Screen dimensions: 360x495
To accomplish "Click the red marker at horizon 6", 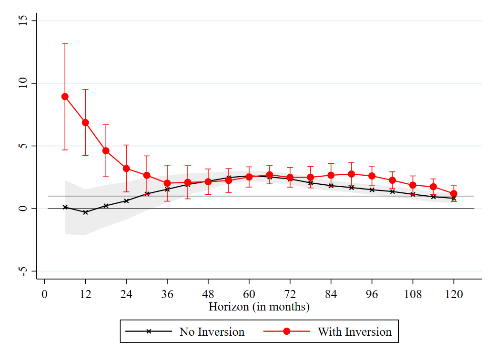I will (65, 97).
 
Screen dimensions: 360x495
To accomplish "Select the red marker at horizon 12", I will (85, 122).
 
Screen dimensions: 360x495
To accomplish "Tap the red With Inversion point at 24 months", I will (126, 168).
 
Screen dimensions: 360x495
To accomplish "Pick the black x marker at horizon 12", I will (85, 212).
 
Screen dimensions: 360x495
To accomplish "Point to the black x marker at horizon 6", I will (65, 207).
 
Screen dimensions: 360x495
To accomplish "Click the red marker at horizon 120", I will (454, 194).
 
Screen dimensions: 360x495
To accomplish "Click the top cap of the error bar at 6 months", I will (65, 43).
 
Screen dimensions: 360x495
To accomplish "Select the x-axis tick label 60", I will (249, 295).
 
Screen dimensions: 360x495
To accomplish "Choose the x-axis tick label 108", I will (413, 295).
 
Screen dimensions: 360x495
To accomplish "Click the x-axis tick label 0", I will (44, 295).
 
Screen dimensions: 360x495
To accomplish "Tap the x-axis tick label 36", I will (167, 295).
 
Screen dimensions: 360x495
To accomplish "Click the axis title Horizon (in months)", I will (259, 307).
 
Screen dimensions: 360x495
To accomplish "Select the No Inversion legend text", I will (212, 331).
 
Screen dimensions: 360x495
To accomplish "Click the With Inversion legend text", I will (354, 331).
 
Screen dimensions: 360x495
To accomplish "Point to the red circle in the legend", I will (286, 331).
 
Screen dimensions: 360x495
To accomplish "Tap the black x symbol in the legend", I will (148, 331).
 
